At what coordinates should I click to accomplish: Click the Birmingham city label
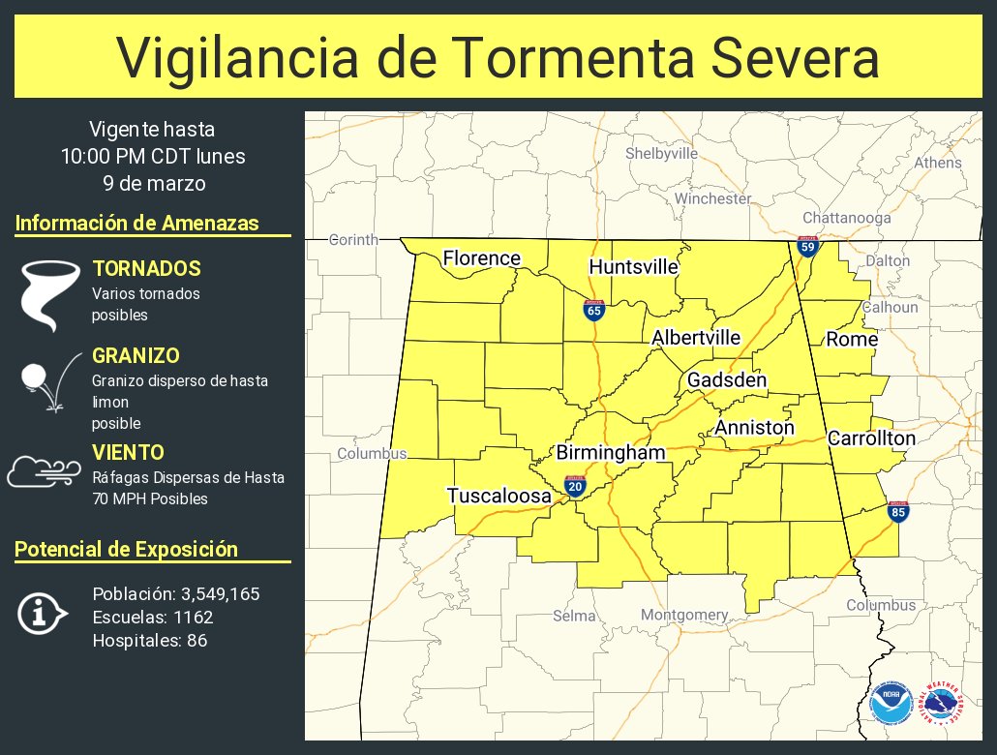pos(610,453)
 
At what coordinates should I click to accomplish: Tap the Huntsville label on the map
pos(633,267)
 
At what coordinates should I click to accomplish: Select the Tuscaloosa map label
pos(498,496)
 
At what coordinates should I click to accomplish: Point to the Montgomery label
pos(684,615)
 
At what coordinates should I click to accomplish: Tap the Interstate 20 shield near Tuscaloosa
pos(575,486)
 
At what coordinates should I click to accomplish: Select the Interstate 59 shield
pos(807,246)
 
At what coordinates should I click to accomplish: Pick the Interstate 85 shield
pos(898,512)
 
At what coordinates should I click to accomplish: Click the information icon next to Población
pos(42,614)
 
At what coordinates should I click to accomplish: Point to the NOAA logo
pos(891,704)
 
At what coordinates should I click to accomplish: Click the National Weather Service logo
pos(942,704)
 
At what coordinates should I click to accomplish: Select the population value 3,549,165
pos(211,593)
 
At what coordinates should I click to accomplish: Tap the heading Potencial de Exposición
pos(126,549)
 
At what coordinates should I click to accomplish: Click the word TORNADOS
pos(146,268)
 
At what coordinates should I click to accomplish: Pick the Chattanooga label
pos(846,218)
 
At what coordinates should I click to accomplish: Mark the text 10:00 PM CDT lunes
pos(152,156)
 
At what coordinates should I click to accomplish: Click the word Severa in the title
pos(792,58)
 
